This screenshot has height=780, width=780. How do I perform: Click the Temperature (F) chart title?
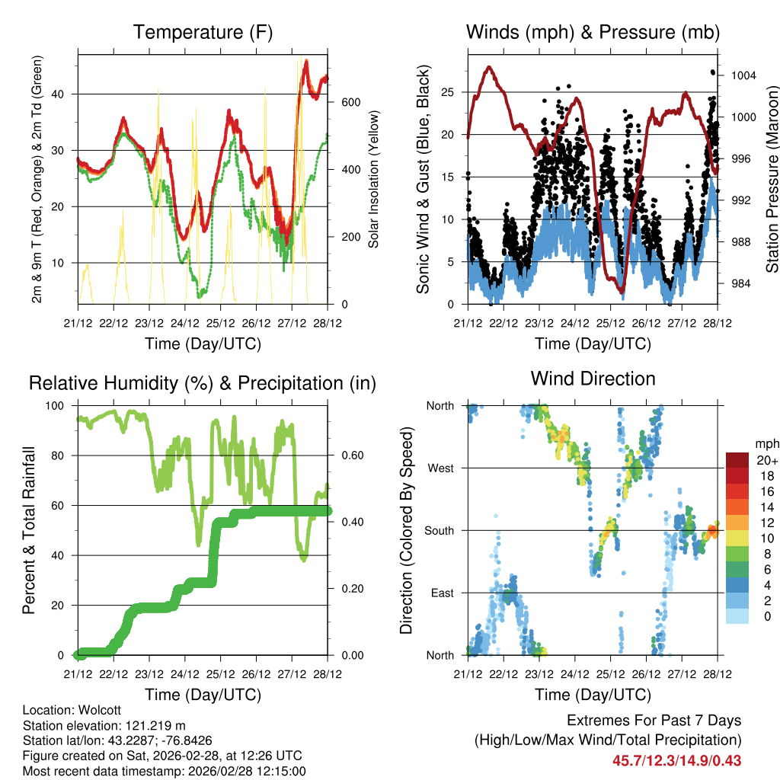pos(203,33)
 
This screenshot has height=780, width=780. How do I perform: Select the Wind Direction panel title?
pos(593,379)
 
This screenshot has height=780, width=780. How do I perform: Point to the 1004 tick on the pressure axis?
pos(742,75)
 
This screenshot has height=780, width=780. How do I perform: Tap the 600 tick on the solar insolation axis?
pos(350,102)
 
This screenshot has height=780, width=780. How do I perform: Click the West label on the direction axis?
pos(441,468)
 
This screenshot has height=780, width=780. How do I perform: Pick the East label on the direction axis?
pos(442,593)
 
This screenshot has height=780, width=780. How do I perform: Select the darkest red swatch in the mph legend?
pos(737,460)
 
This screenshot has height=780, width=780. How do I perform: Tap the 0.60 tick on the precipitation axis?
pos(351,456)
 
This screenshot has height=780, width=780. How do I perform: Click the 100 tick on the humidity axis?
pos(58,406)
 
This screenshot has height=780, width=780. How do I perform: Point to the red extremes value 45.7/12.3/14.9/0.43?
pos(676,760)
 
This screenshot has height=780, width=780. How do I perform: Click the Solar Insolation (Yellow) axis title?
pos(374,177)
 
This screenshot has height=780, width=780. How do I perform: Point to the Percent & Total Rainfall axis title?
pos(29,530)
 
